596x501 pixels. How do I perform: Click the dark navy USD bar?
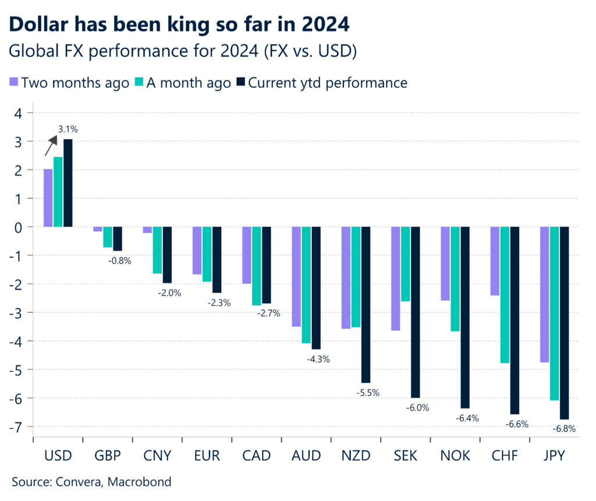68,182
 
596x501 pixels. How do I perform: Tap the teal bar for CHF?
505,295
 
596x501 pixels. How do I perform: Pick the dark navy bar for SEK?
415,312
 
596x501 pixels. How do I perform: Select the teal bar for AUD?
306,284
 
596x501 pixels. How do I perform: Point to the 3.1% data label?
68,129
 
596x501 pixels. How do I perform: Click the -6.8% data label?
563,429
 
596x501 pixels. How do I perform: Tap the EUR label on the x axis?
207,456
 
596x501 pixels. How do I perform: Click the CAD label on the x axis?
257,456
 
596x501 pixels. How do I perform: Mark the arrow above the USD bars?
51,145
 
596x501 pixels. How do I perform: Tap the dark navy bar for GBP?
118,239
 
